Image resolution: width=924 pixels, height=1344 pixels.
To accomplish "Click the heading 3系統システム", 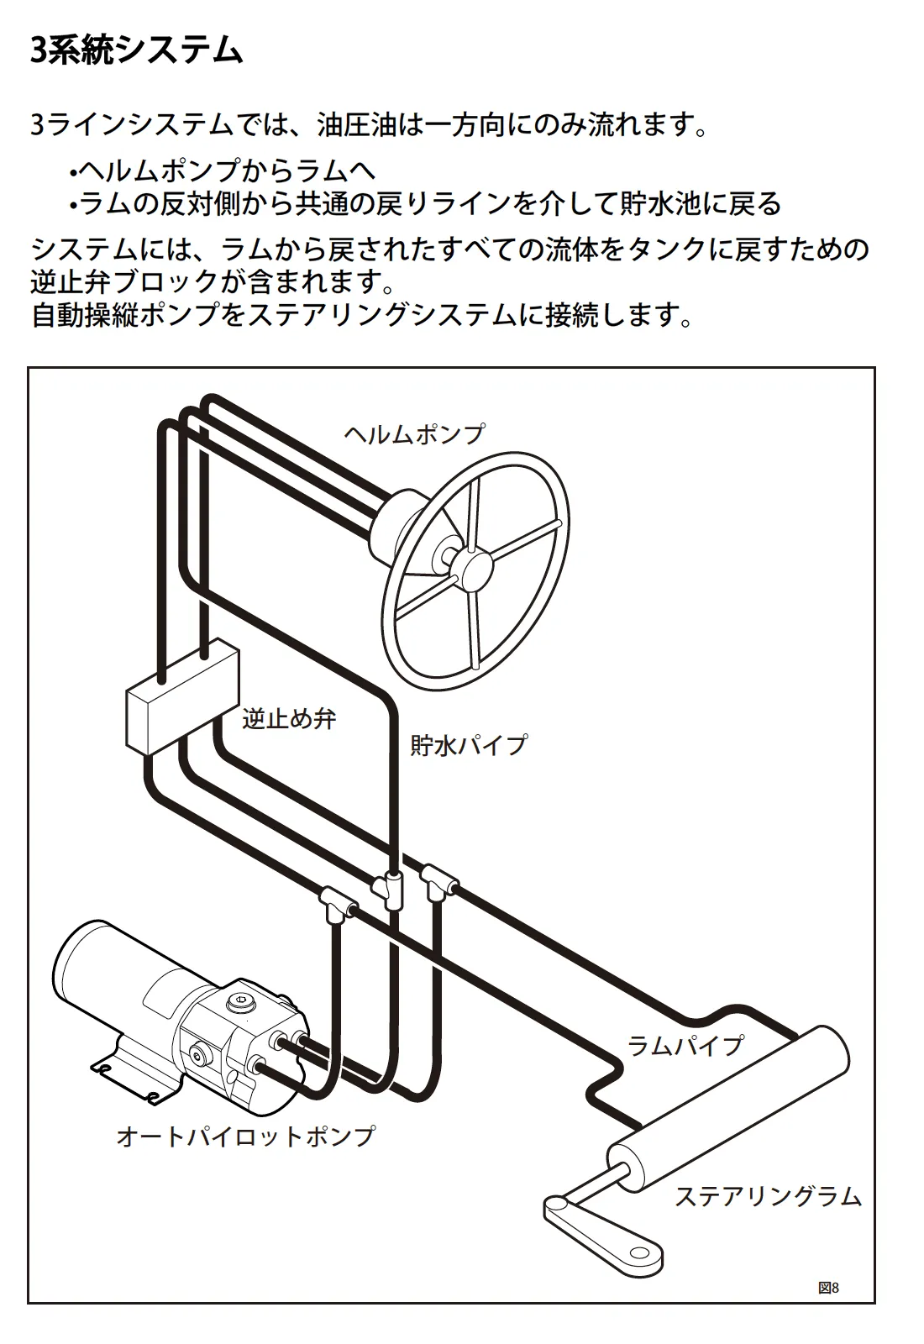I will pos(136,50).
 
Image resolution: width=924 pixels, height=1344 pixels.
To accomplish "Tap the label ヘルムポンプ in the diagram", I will pos(414,434).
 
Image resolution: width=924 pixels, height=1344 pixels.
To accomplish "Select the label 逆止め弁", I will pos(289,718).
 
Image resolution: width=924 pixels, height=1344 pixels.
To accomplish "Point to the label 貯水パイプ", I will pos(468,745).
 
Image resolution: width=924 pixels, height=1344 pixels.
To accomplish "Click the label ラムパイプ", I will pos(685,1046).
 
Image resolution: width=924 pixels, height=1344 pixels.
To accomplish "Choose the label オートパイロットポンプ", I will pos(245,1137).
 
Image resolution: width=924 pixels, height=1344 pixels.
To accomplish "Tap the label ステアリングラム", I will pos(768,1196).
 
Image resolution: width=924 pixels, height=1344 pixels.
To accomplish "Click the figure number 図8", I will pos(828,1288).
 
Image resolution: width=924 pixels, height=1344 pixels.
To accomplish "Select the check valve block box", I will pos(181,697).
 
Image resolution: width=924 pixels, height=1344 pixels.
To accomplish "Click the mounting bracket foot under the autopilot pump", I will pos(126,1079).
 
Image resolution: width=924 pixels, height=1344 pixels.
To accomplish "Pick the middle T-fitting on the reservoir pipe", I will pos(389,887).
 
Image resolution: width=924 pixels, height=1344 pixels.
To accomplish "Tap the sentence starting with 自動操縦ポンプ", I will pos(361,316).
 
